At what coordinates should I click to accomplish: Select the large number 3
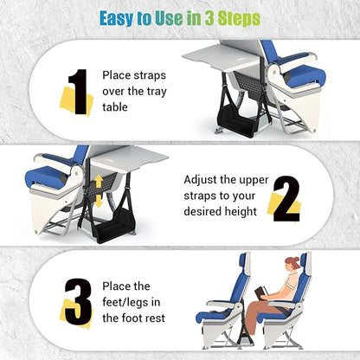[77, 305]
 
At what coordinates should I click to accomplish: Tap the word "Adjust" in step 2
[202, 180]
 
